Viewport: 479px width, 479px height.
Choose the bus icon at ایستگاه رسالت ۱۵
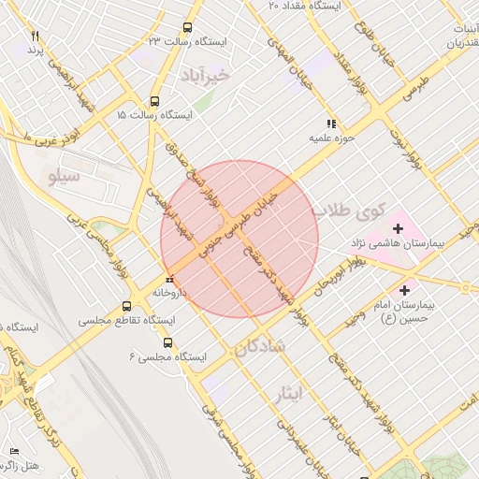[154, 101]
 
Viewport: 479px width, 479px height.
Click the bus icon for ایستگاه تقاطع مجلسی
[127, 307]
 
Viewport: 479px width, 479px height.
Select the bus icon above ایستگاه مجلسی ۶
[168, 320]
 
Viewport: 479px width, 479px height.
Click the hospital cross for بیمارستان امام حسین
[405, 289]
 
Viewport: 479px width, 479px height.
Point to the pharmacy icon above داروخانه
[169, 279]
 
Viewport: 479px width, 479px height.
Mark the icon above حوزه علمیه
[330, 124]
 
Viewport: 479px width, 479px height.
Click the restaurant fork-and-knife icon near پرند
[36, 35]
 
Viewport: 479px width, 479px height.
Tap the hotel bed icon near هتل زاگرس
[13, 452]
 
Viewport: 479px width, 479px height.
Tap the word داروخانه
[169, 293]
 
